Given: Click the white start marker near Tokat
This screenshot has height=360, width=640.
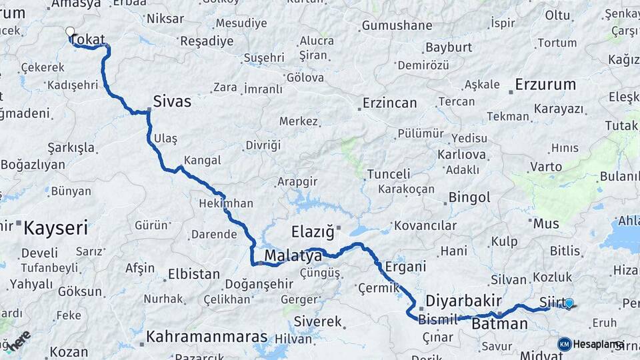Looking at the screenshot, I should [x=70, y=31].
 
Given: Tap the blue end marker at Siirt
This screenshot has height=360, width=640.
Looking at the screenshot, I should [x=569, y=303].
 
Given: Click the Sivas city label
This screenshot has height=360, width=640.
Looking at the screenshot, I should [x=172, y=101].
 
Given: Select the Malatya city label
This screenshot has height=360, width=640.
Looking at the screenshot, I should [x=293, y=255].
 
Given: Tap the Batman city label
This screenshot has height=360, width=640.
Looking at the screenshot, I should [x=499, y=324].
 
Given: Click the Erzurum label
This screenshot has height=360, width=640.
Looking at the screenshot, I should [x=545, y=85].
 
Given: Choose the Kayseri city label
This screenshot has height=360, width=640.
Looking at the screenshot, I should [x=56, y=229].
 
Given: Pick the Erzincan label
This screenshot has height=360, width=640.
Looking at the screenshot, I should [x=389, y=103].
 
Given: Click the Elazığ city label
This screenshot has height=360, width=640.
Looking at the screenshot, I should [x=312, y=232].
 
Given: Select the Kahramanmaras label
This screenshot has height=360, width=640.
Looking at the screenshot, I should [x=207, y=337].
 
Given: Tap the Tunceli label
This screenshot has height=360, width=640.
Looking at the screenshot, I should [x=389, y=174].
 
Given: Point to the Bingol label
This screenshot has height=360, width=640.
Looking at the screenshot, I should [x=469, y=197].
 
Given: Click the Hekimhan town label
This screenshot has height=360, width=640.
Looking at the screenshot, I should [x=226, y=203].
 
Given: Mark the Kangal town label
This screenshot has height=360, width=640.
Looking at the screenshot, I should [x=202, y=160].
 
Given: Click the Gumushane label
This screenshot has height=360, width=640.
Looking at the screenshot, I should [x=397, y=26].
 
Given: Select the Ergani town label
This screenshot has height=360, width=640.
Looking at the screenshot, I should [x=405, y=267].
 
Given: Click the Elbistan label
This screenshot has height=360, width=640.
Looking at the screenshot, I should [x=193, y=274].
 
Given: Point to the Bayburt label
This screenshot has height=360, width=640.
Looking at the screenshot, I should [x=449, y=47].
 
